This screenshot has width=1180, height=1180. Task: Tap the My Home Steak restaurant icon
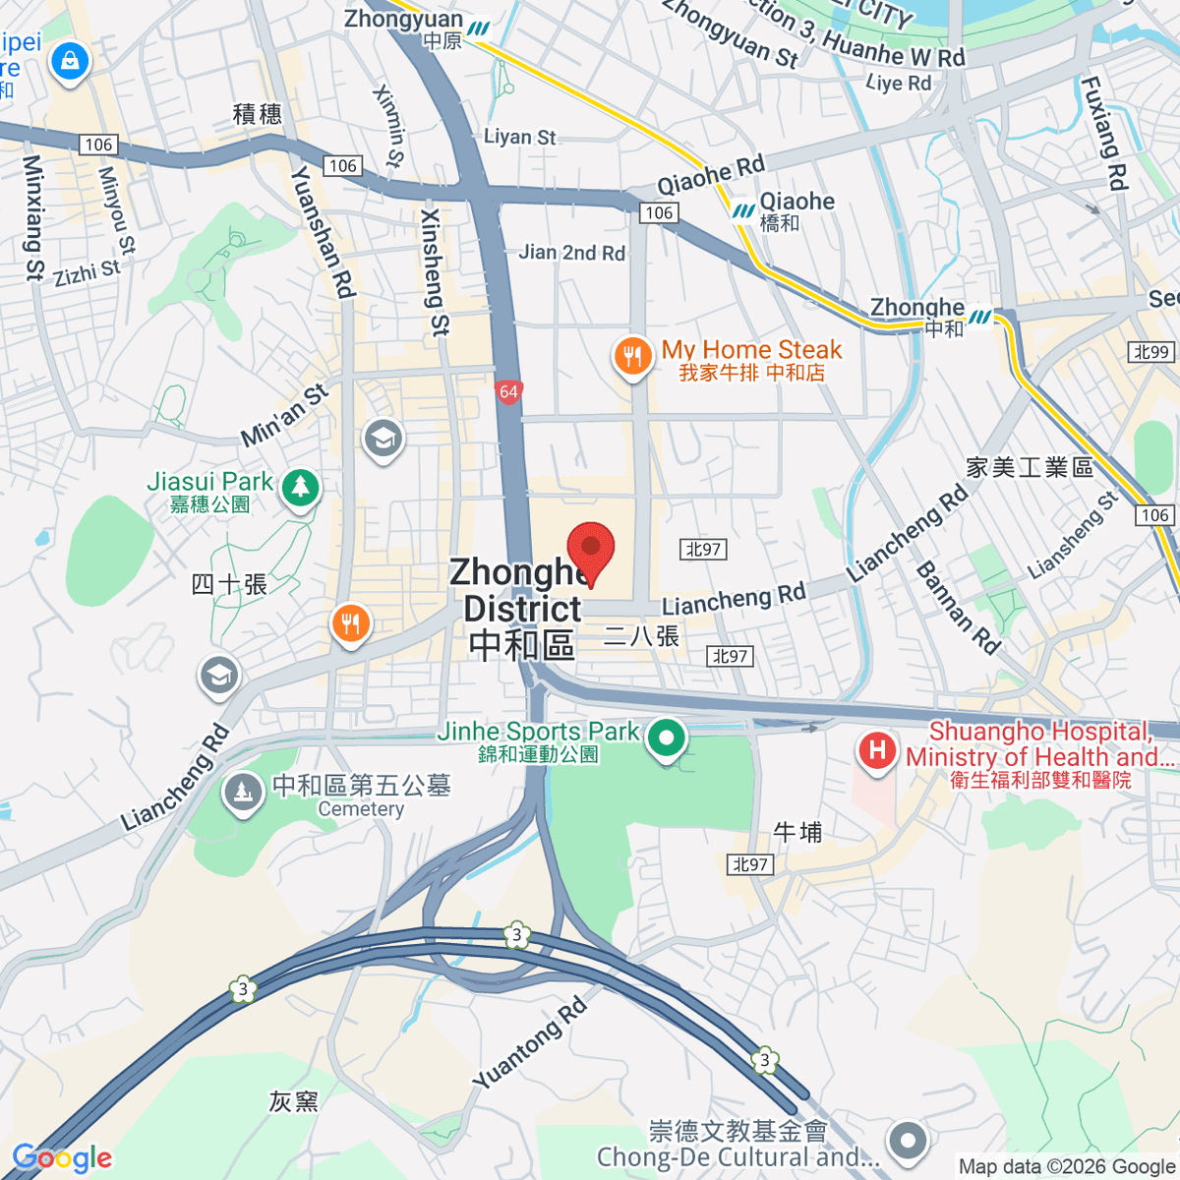(x=632, y=356)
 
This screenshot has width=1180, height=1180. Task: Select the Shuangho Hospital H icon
(x=876, y=751)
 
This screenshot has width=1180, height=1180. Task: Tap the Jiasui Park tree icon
(x=300, y=487)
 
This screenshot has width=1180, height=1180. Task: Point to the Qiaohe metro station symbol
(x=742, y=210)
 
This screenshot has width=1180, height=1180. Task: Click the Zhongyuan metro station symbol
(x=479, y=29)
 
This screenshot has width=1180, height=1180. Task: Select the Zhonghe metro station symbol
(x=980, y=317)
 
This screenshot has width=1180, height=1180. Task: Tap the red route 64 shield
(x=507, y=392)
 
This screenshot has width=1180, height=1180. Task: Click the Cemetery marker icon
(x=242, y=793)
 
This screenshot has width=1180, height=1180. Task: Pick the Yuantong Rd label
(x=530, y=1043)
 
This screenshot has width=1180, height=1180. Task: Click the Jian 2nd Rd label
(x=571, y=253)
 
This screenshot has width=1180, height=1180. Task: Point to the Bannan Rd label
(x=958, y=608)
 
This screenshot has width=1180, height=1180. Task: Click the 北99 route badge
(x=1151, y=352)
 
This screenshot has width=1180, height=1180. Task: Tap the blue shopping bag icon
(x=70, y=61)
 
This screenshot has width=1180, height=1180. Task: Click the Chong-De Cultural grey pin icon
(x=907, y=1142)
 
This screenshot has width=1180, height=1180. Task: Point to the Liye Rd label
(x=898, y=84)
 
